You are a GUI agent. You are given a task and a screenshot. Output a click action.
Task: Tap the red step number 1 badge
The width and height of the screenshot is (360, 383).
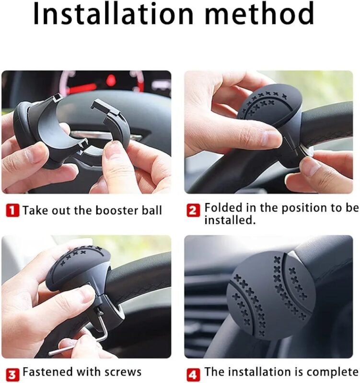12,210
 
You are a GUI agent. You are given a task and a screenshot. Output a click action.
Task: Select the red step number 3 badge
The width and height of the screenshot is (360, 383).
12,373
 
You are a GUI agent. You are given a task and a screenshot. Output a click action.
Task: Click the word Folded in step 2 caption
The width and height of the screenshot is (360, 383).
222,208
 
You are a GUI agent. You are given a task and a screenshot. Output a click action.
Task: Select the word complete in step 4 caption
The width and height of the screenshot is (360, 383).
334,372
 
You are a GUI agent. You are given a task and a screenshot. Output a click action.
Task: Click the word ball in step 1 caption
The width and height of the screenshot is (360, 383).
152,210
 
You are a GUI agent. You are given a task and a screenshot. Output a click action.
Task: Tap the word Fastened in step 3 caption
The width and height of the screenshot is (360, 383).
46,372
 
